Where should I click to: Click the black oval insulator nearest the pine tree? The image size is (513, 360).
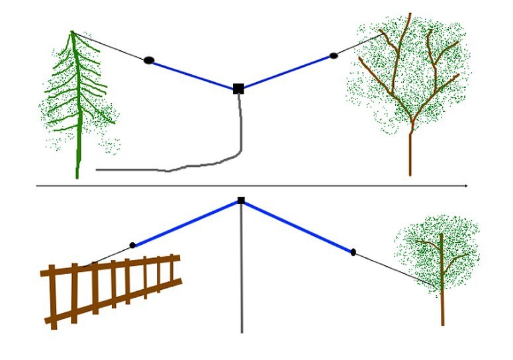[x=149, y=60]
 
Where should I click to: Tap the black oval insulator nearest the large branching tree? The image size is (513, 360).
[x=333, y=56]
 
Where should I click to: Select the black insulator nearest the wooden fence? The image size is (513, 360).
[x=132, y=246]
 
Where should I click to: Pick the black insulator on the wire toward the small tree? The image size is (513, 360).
[x=353, y=252]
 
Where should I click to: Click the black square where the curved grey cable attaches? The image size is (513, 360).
[x=238, y=88]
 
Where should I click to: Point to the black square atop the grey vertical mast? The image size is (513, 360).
[x=241, y=200]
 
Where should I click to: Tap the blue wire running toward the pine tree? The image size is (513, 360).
[x=192, y=74]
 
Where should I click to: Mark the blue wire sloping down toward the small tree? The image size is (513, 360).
[x=298, y=226]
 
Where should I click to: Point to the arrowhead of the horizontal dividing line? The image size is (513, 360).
[x=467, y=187]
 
